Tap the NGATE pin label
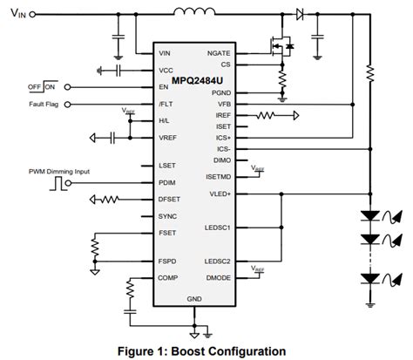tap(218, 52)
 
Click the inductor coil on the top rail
tap(196, 12)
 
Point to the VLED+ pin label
tap(219, 195)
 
